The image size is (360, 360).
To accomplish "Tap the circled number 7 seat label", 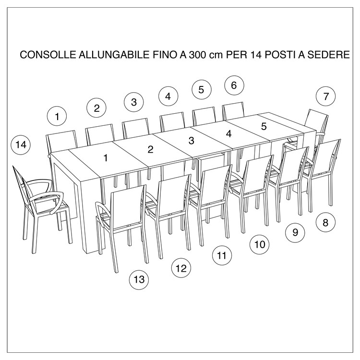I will (x=326, y=96).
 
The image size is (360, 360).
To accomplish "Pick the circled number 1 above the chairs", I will (x=58, y=116).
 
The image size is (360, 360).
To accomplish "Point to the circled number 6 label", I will (x=234, y=85).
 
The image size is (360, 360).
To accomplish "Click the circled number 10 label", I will (x=259, y=244).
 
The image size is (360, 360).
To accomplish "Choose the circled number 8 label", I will (x=325, y=222).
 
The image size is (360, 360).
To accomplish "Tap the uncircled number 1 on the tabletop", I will (x=106, y=157).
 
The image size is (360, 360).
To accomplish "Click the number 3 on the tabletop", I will (x=191, y=141).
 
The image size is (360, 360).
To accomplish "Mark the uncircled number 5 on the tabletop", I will (x=264, y=127).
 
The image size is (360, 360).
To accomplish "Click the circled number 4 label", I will (x=168, y=96).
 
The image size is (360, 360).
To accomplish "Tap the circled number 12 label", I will (x=181, y=268).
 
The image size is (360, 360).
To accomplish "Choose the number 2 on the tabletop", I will (x=150, y=150).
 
